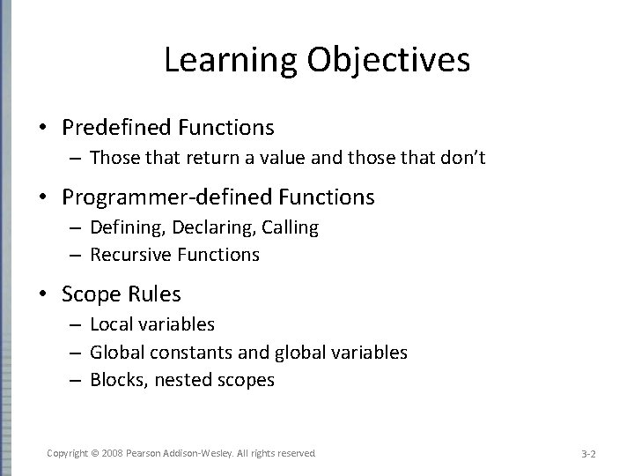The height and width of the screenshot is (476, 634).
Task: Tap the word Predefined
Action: [x=118, y=128]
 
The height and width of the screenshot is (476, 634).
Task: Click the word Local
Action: [x=110, y=324]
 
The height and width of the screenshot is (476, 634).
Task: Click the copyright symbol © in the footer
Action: [x=93, y=452]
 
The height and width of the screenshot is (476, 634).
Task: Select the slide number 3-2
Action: [x=589, y=453]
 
